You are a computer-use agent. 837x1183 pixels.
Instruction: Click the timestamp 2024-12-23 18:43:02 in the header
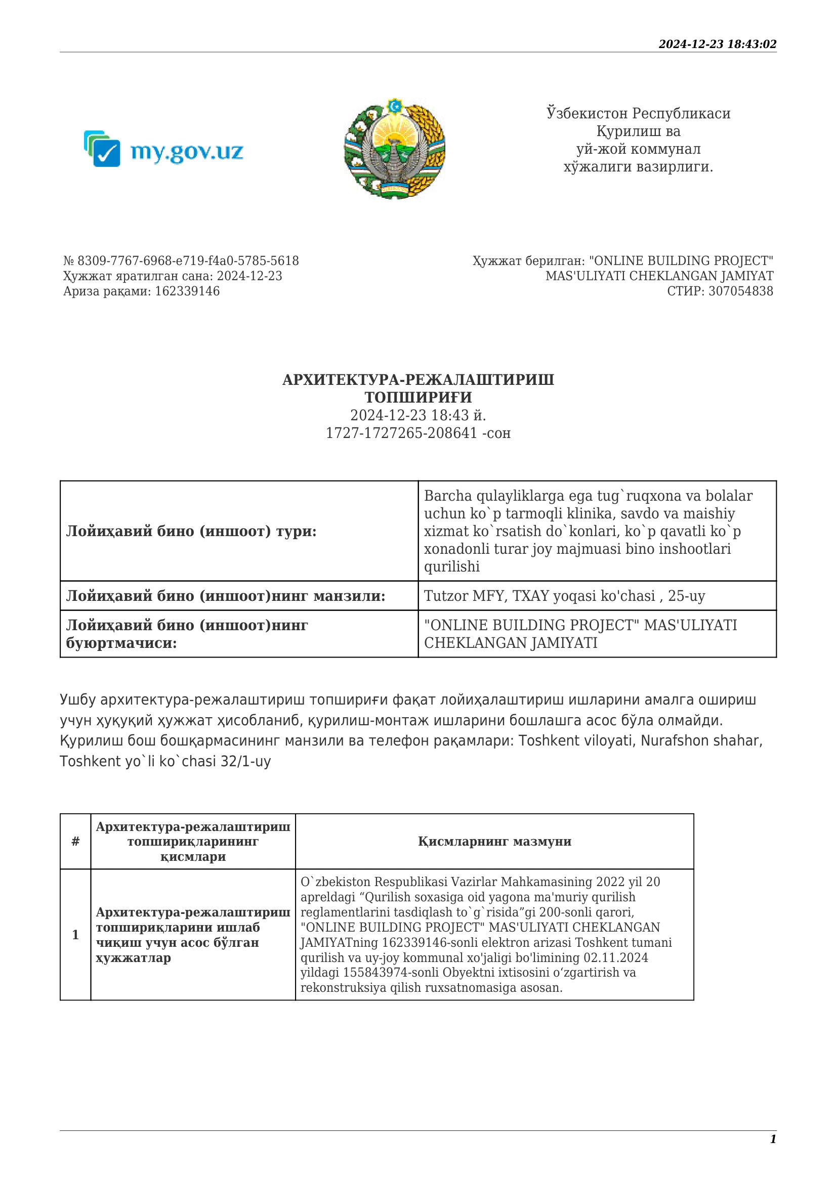pyautogui.click(x=717, y=45)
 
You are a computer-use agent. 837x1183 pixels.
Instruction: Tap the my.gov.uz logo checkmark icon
pyautogui.click(x=106, y=153)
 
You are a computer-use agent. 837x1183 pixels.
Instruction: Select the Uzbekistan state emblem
pyautogui.click(x=394, y=148)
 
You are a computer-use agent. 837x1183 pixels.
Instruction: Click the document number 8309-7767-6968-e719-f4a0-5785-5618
pyautogui.click(x=188, y=260)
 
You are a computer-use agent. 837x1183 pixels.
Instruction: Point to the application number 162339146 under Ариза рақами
pyautogui.click(x=187, y=291)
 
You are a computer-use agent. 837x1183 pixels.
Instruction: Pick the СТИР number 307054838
pyautogui.click(x=741, y=291)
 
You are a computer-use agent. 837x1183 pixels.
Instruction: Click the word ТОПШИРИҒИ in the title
pyautogui.click(x=418, y=397)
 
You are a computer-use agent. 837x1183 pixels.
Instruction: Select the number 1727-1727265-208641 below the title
pyautogui.click(x=401, y=433)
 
